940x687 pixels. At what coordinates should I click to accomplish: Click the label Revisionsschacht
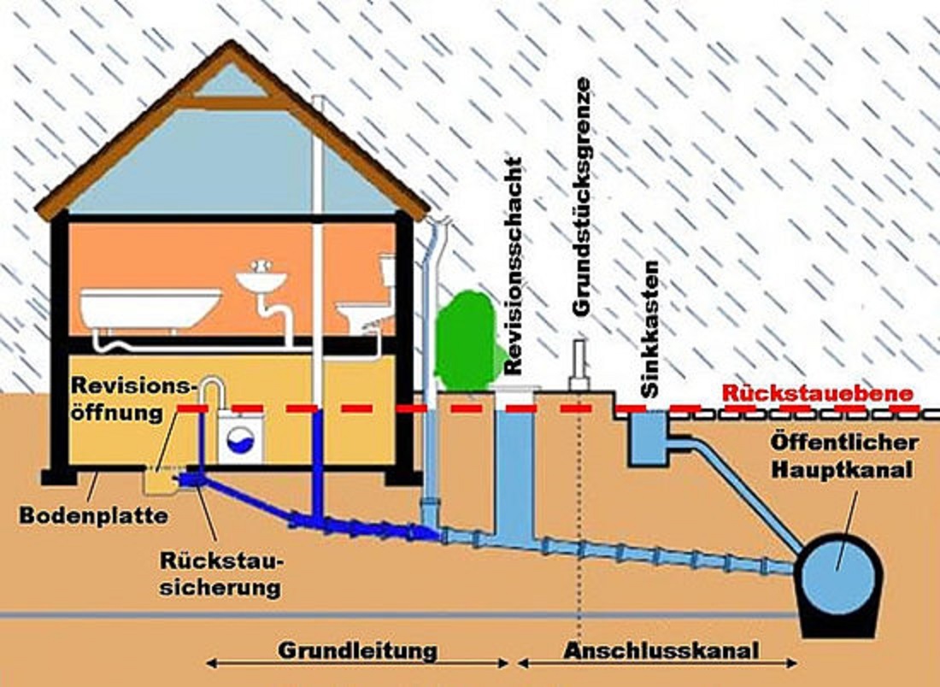(513, 265)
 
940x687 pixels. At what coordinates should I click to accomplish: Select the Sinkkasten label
(651, 328)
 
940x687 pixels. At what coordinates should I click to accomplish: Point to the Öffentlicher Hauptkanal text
(844, 456)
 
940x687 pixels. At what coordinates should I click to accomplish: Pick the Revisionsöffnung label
(129, 398)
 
